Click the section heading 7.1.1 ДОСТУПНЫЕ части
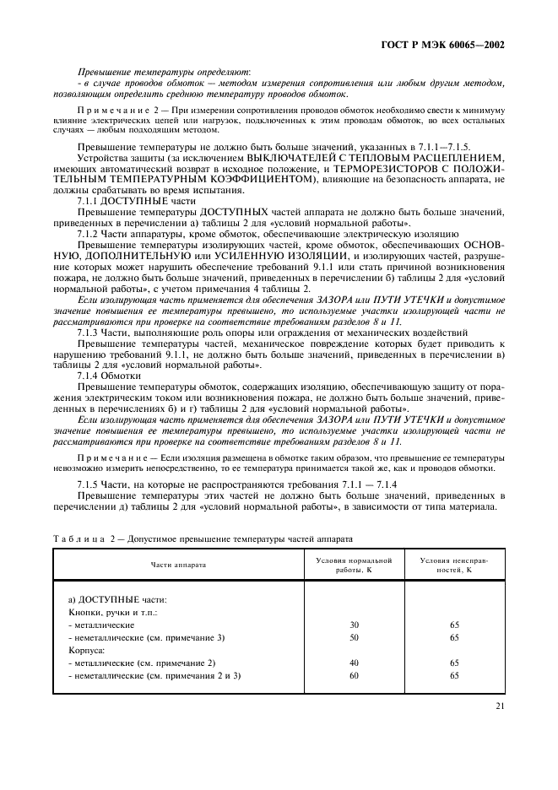click(124, 202)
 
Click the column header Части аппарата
click(178, 565)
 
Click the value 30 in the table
click(354, 625)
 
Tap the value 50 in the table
click(354, 637)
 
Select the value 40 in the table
click(354, 663)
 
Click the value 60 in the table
click(354, 675)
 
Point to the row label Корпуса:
click(86, 650)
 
